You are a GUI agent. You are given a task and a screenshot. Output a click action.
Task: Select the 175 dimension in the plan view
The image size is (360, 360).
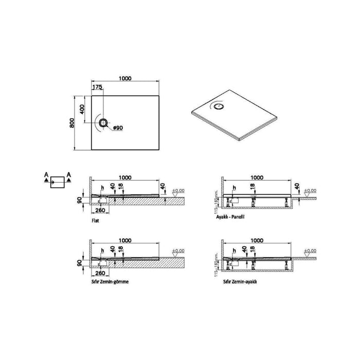coord(97,87)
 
